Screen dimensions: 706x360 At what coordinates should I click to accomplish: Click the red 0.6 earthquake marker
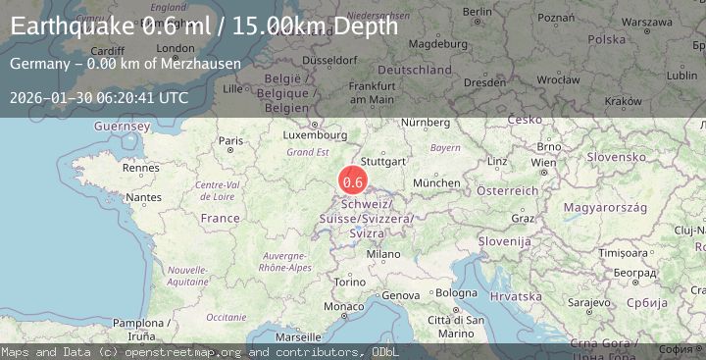coord(353,181)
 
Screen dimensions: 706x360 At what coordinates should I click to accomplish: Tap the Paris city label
coord(231,141)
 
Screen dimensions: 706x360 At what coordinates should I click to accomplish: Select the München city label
coord(436,182)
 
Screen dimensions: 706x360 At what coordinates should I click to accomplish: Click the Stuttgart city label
coord(383,161)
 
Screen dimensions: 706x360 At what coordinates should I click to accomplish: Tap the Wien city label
coord(543,163)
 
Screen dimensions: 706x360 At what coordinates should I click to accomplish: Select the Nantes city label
coord(144,197)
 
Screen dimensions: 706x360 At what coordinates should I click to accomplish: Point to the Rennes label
coord(141,168)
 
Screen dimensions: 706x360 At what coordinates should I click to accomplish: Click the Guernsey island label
coord(123,127)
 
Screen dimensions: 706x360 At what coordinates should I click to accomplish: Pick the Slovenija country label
coord(505,241)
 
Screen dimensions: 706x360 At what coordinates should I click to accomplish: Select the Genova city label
coord(399,295)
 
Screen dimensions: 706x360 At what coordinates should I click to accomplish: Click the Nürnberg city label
coord(425,122)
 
